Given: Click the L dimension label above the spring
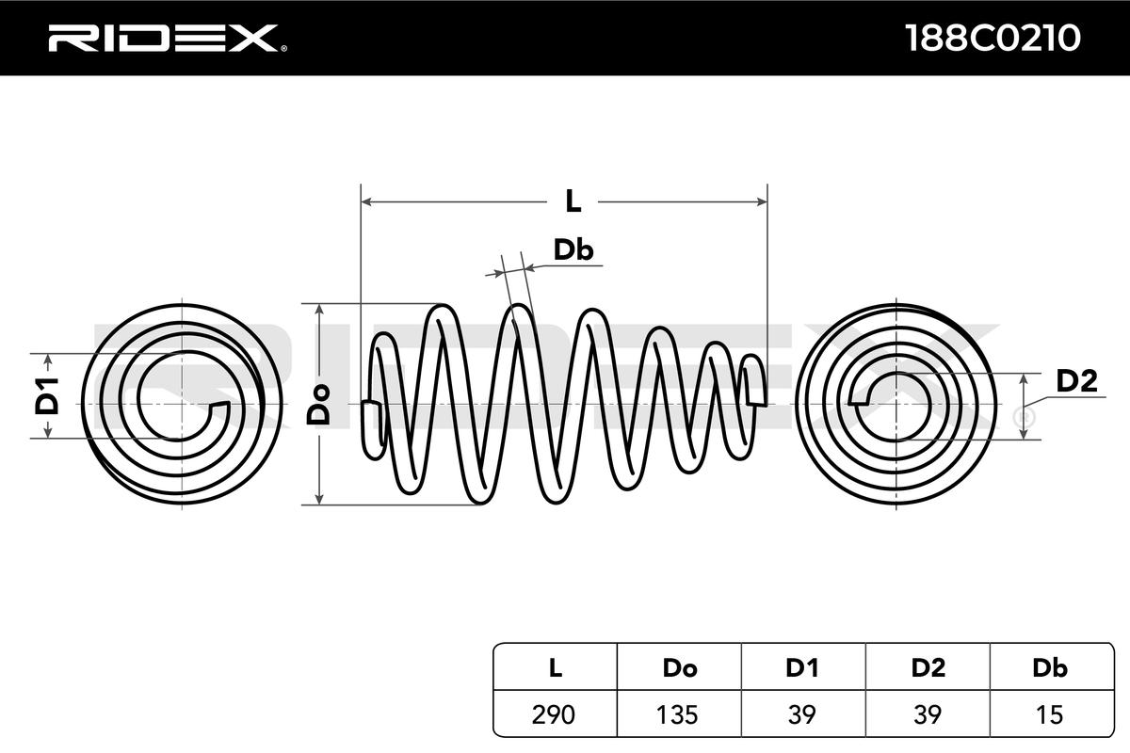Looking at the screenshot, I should pyautogui.click(x=573, y=200).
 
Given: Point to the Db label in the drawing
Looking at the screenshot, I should pyautogui.click(x=572, y=249).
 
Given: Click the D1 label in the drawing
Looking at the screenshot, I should pyautogui.click(x=47, y=395).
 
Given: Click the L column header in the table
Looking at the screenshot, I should pyautogui.click(x=555, y=668).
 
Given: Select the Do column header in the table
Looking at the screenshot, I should pyautogui.click(x=679, y=668).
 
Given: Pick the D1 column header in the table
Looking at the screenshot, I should pyautogui.click(x=802, y=668).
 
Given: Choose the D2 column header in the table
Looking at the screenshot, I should pyautogui.click(x=928, y=668).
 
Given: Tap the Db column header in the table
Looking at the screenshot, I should pyautogui.click(x=1050, y=668).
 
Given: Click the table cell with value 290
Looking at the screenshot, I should pyautogui.click(x=555, y=714).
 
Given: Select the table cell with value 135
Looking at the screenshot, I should pyautogui.click(x=679, y=714).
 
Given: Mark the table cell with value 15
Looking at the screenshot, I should pyautogui.click(x=1050, y=714).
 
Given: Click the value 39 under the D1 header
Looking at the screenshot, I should pyautogui.click(x=802, y=714).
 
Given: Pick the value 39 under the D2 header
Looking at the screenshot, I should pyautogui.click(x=928, y=714).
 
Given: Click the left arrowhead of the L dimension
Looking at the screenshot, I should pyautogui.click(x=368, y=200).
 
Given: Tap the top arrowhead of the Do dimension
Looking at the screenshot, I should pyautogui.click(x=320, y=310).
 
